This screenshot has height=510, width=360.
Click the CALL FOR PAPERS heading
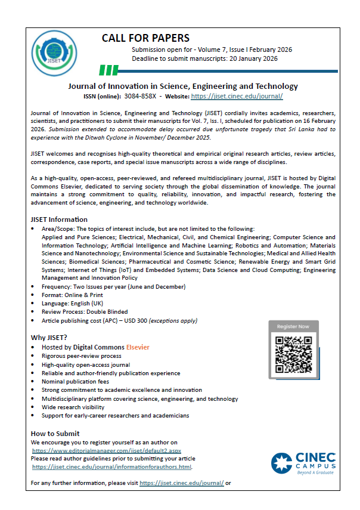(x=145, y=38)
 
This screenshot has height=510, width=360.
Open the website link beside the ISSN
(x=237, y=96)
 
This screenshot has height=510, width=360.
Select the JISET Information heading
(x=59, y=220)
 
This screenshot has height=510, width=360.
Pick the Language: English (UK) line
(x=76, y=304)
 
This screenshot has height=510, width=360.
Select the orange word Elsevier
(x=137, y=347)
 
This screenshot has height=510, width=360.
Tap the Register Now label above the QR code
(x=293, y=326)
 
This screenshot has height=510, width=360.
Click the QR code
(x=293, y=353)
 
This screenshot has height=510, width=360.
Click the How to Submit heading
(x=55, y=433)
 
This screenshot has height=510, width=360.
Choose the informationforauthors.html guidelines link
(x=112, y=467)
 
